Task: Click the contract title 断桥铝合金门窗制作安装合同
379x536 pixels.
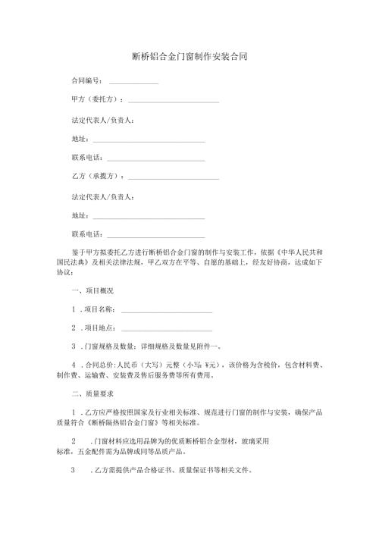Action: pyautogui.click(x=189, y=57)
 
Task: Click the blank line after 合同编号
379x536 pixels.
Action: pyautogui.click(x=133, y=82)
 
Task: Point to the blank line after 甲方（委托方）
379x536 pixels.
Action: pyautogui.click(x=174, y=102)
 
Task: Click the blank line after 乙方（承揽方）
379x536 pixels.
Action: pyautogui.click(x=174, y=179)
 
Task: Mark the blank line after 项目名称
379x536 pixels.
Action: pyautogui.click(x=166, y=312)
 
